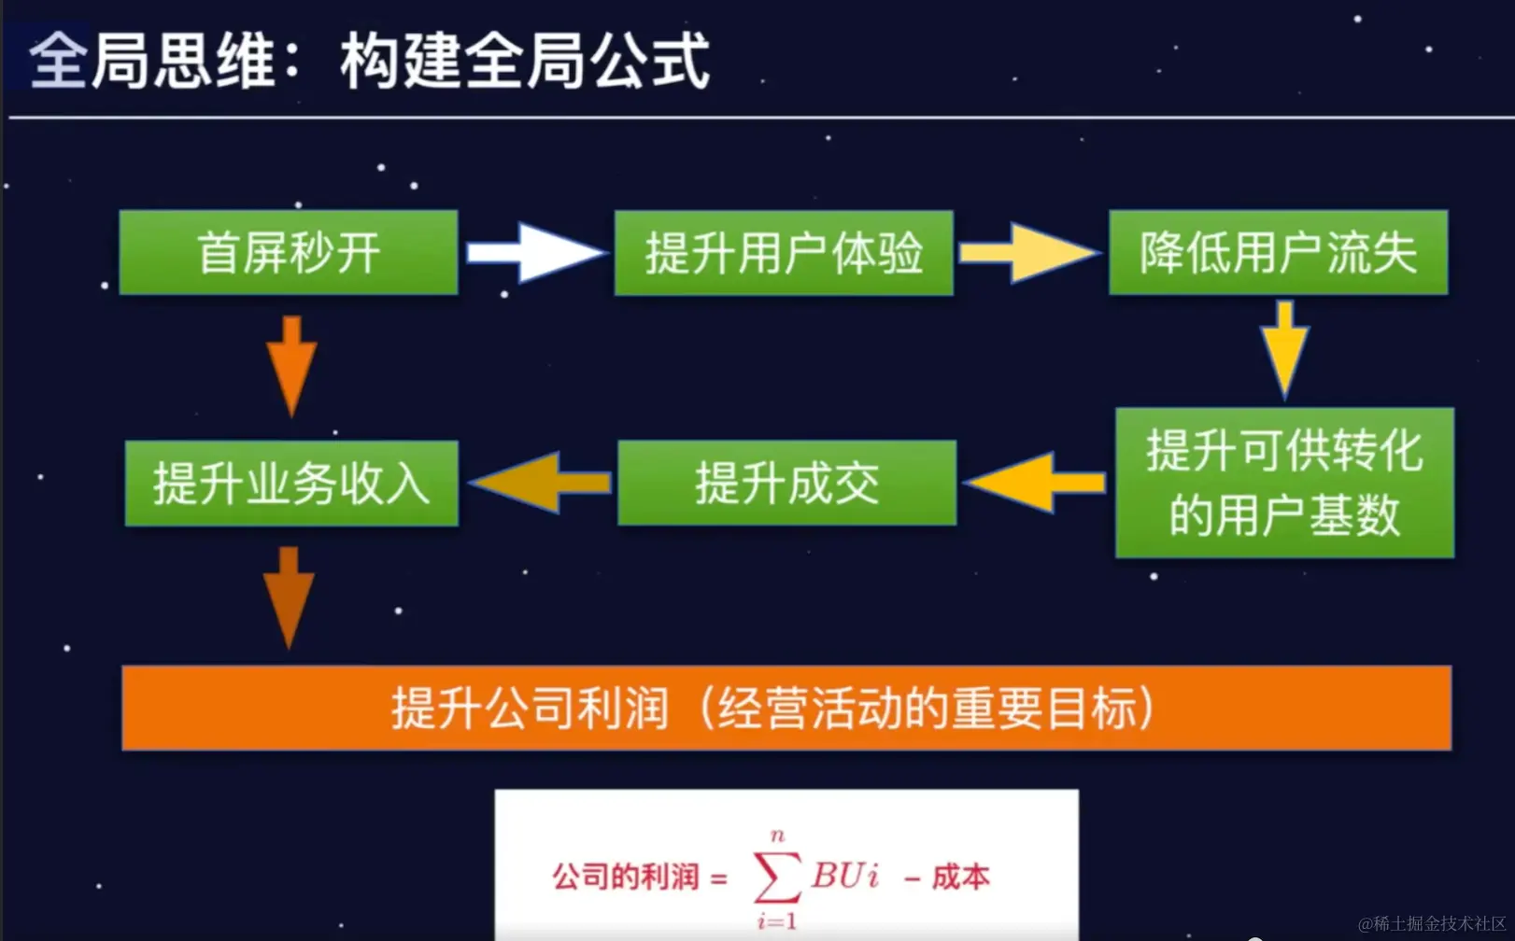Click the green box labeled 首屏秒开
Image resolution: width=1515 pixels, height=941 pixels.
coord(289,253)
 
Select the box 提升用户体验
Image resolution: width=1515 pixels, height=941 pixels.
coord(784,253)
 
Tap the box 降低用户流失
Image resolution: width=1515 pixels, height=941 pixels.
coord(1278,253)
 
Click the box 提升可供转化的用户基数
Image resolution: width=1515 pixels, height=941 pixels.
coord(1284,483)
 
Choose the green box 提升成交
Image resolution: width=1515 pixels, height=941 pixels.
coord(786,483)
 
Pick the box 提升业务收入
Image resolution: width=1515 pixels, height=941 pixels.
coord(291,483)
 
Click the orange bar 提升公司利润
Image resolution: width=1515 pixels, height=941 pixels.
coord(786,708)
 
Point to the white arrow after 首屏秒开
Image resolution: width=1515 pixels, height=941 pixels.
coord(535,253)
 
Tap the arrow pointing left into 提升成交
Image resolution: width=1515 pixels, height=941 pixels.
coord(1035,483)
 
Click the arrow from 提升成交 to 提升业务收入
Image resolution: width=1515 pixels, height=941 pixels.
coord(540,483)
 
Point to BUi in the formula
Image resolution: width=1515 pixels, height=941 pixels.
coord(845,876)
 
